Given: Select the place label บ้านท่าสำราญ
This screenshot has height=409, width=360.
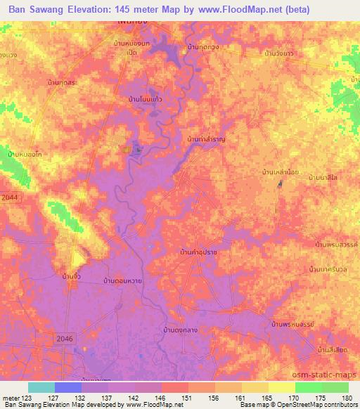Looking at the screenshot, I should tap(206, 139).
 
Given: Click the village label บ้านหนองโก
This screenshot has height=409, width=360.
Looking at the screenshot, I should tap(22, 152).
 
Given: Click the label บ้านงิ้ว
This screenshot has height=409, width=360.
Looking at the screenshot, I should tap(70, 277).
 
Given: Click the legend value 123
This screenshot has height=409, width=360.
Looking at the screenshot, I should tap(27, 397).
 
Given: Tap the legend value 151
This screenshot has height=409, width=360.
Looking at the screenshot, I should tap(188, 397).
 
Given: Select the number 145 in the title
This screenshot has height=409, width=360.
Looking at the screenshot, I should tap(133, 10).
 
